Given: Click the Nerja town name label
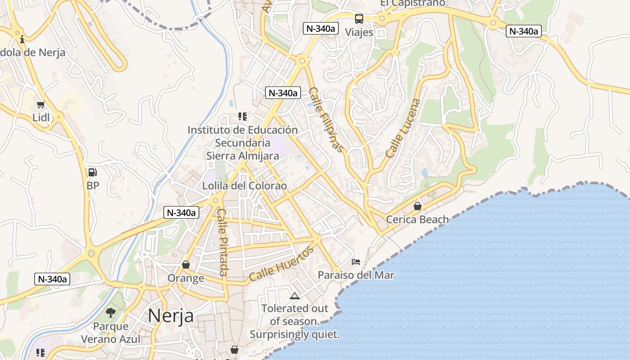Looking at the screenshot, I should click(171, 315).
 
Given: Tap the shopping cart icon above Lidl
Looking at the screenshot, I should click(41, 105).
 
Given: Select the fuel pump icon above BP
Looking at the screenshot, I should click(92, 172).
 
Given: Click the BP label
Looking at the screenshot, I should click(93, 185).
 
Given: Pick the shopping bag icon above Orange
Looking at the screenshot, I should click(185, 265).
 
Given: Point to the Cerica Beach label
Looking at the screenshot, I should click(418, 220).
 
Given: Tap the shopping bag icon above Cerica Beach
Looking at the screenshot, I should click(418, 206).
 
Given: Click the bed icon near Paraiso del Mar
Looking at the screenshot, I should click(356, 261).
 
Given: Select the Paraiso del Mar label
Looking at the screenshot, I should click(356, 275).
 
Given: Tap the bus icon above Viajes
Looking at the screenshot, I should click(359, 19).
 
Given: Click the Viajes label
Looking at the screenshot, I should click(359, 32).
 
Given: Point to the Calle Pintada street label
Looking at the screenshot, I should click(222, 242).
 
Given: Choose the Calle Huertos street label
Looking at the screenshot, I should click(281, 264).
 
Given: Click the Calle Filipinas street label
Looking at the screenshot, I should click(327, 120).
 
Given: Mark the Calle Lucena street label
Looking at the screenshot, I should click(402, 128).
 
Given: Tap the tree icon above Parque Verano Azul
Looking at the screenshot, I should click(111, 312).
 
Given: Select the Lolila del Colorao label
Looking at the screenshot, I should click(244, 186).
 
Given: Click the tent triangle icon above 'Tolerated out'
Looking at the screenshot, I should click(295, 296).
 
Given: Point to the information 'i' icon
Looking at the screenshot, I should click(22, 40).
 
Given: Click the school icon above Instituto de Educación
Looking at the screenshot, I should click(243, 117).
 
